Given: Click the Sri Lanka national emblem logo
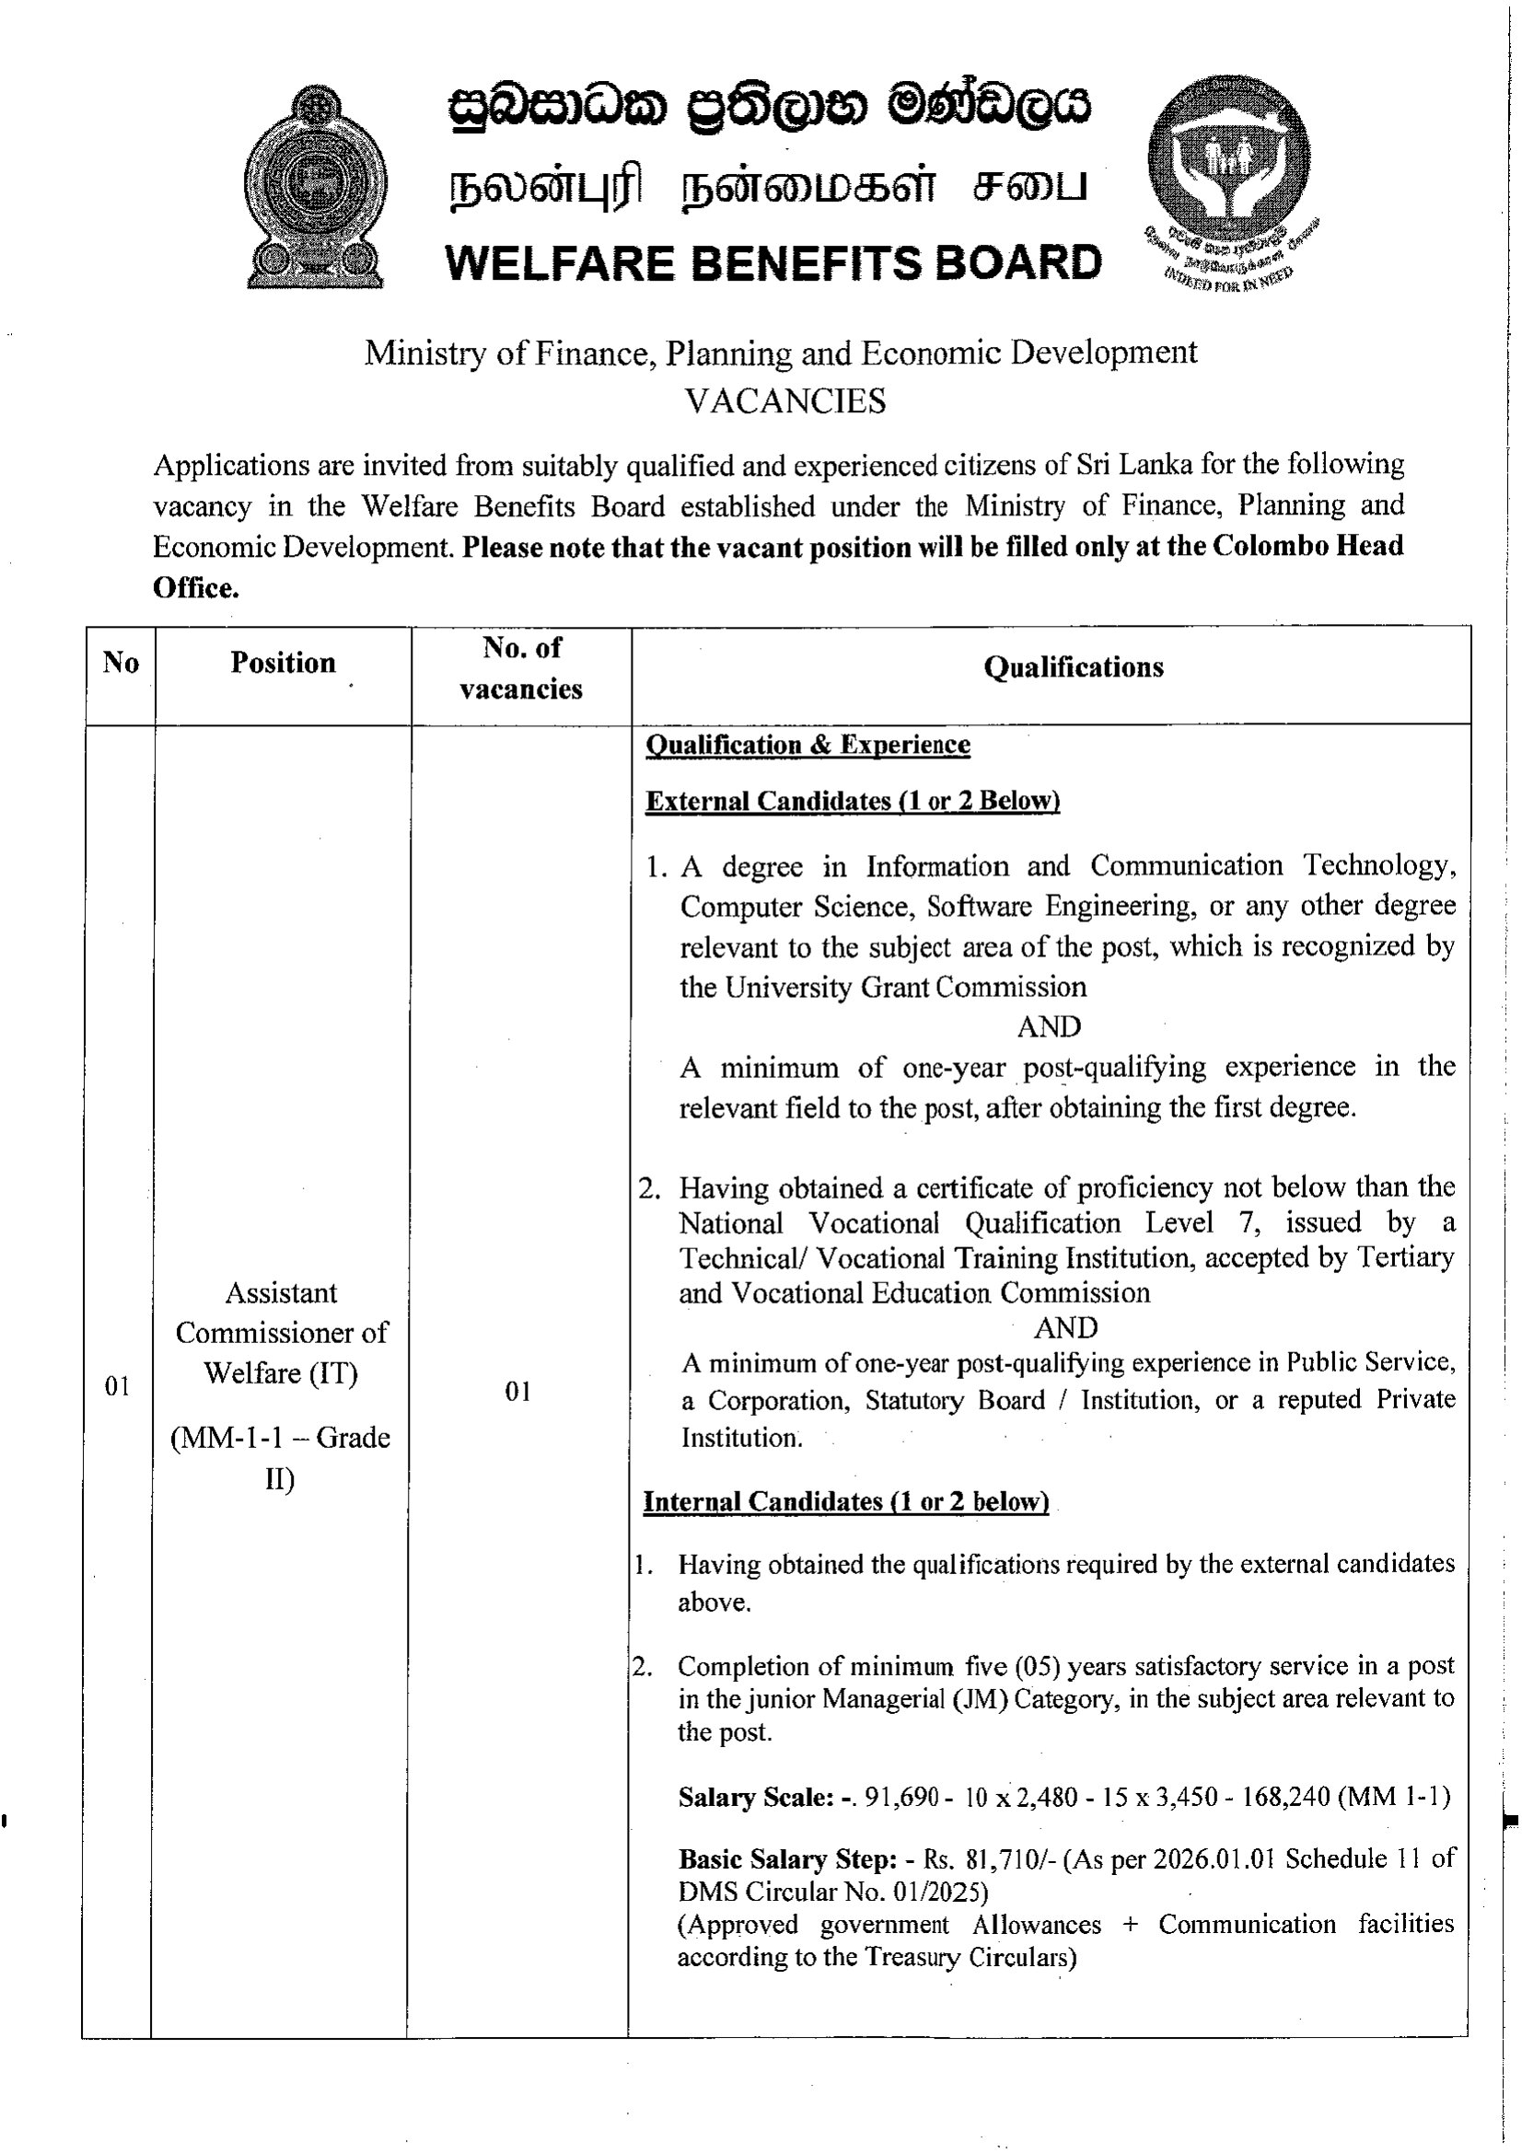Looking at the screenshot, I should coord(315,187).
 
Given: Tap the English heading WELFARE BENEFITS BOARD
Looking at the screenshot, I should coord(773,263).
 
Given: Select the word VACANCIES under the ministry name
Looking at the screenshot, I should coord(784,401).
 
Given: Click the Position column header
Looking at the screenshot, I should coord(283,663).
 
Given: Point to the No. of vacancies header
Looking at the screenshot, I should coord(520,667).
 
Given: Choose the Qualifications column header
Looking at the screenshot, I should coord(1073,667).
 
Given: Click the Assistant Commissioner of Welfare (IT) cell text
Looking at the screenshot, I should coord(282,1333).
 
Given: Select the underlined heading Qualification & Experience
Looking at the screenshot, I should coord(807,745).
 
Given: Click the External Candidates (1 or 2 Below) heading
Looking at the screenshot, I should coord(853,801).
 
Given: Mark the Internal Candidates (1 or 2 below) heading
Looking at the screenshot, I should coord(845,1501).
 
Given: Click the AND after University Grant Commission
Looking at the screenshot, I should coord(1049,1027).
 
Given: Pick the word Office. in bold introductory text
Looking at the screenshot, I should coord(196,588).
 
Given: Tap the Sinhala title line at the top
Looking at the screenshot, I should coord(768,111).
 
